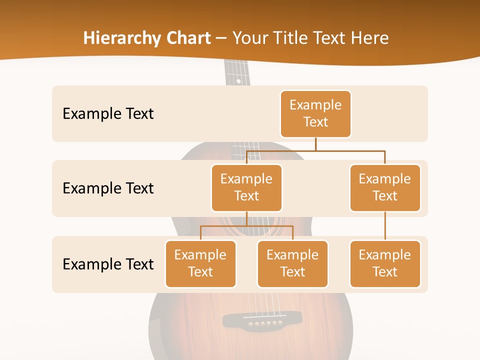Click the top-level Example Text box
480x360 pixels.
[315, 113]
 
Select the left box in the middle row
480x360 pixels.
[246, 187]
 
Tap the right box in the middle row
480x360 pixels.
[385, 187]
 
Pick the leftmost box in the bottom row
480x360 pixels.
[200, 263]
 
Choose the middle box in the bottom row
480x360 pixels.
[292, 263]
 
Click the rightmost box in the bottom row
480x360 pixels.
[385, 263]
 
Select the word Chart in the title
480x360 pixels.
[186, 38]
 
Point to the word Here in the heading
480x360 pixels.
[370, 38]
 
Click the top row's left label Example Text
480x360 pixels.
[108, 114]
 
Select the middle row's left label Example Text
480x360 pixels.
[108, 188]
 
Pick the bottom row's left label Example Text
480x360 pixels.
[108, 264]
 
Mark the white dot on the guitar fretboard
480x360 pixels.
[238, 81]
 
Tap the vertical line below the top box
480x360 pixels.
[315, 144]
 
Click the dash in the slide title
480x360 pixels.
[220, 38]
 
